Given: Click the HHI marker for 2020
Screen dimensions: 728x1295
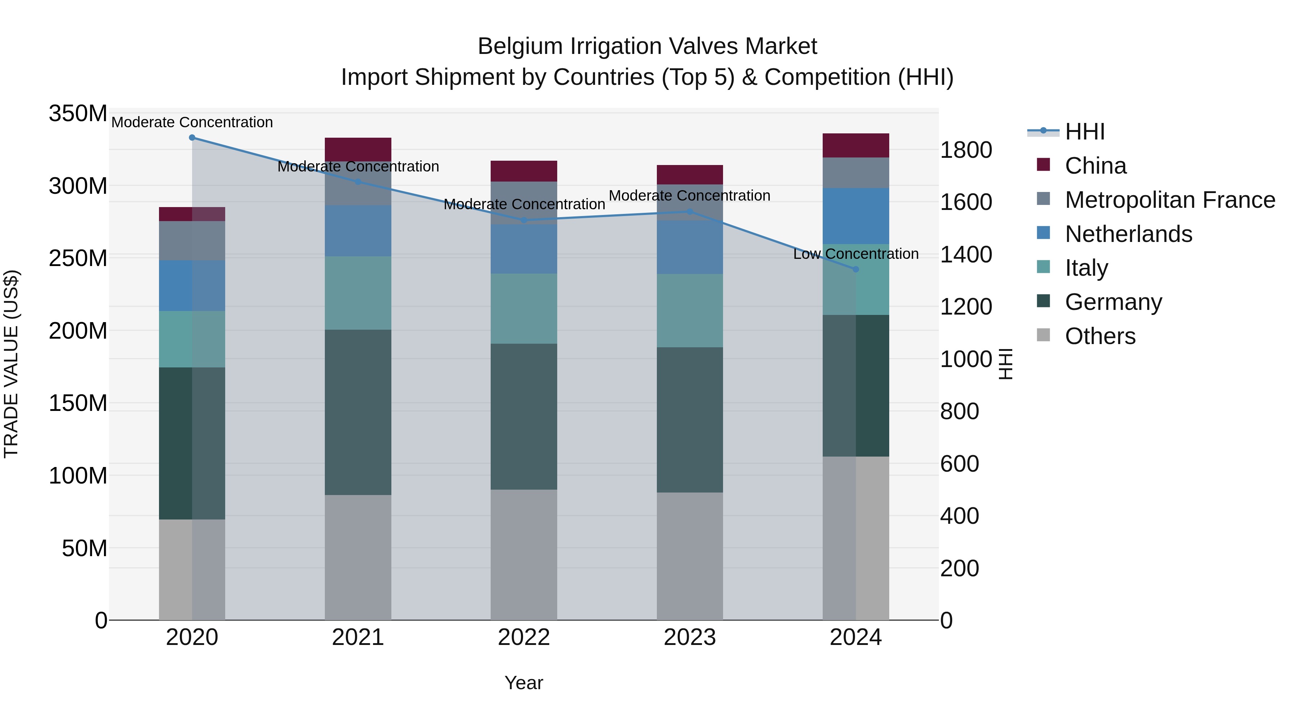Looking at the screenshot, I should click(x=192, y=137).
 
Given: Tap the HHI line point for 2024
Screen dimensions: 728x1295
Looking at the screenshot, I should click(x=856, y=269).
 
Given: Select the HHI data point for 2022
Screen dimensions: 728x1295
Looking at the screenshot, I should click(x=524, y=220).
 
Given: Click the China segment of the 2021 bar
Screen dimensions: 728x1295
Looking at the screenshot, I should click(x=358, y=149).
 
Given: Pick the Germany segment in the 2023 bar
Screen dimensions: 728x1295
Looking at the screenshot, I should click(x=690, y=420).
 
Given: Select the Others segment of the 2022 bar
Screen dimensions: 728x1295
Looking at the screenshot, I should click(x=524, y=555).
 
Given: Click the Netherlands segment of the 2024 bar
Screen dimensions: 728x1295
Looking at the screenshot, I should click(x=856, y=216).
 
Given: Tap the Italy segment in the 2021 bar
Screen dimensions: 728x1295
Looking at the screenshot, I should click(x=358, y=293).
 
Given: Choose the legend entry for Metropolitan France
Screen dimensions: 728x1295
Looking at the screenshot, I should click(x=1169, y=200).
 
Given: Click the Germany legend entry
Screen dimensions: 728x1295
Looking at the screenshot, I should click(x=1113, y=302).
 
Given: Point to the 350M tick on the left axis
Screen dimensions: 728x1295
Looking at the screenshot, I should click(x=78, y=114).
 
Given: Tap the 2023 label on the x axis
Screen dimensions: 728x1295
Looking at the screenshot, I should click(x=690, y=637).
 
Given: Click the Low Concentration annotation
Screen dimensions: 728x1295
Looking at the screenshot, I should click(x=856, y=254).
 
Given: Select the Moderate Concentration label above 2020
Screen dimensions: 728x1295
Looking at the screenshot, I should click(x=192, y=122).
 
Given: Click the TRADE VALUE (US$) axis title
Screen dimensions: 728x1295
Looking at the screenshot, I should click(x=11, y=364).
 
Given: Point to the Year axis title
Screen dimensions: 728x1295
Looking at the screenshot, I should click(x=524, y=683).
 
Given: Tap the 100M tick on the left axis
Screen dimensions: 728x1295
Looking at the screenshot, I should click(x=78, y=475).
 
